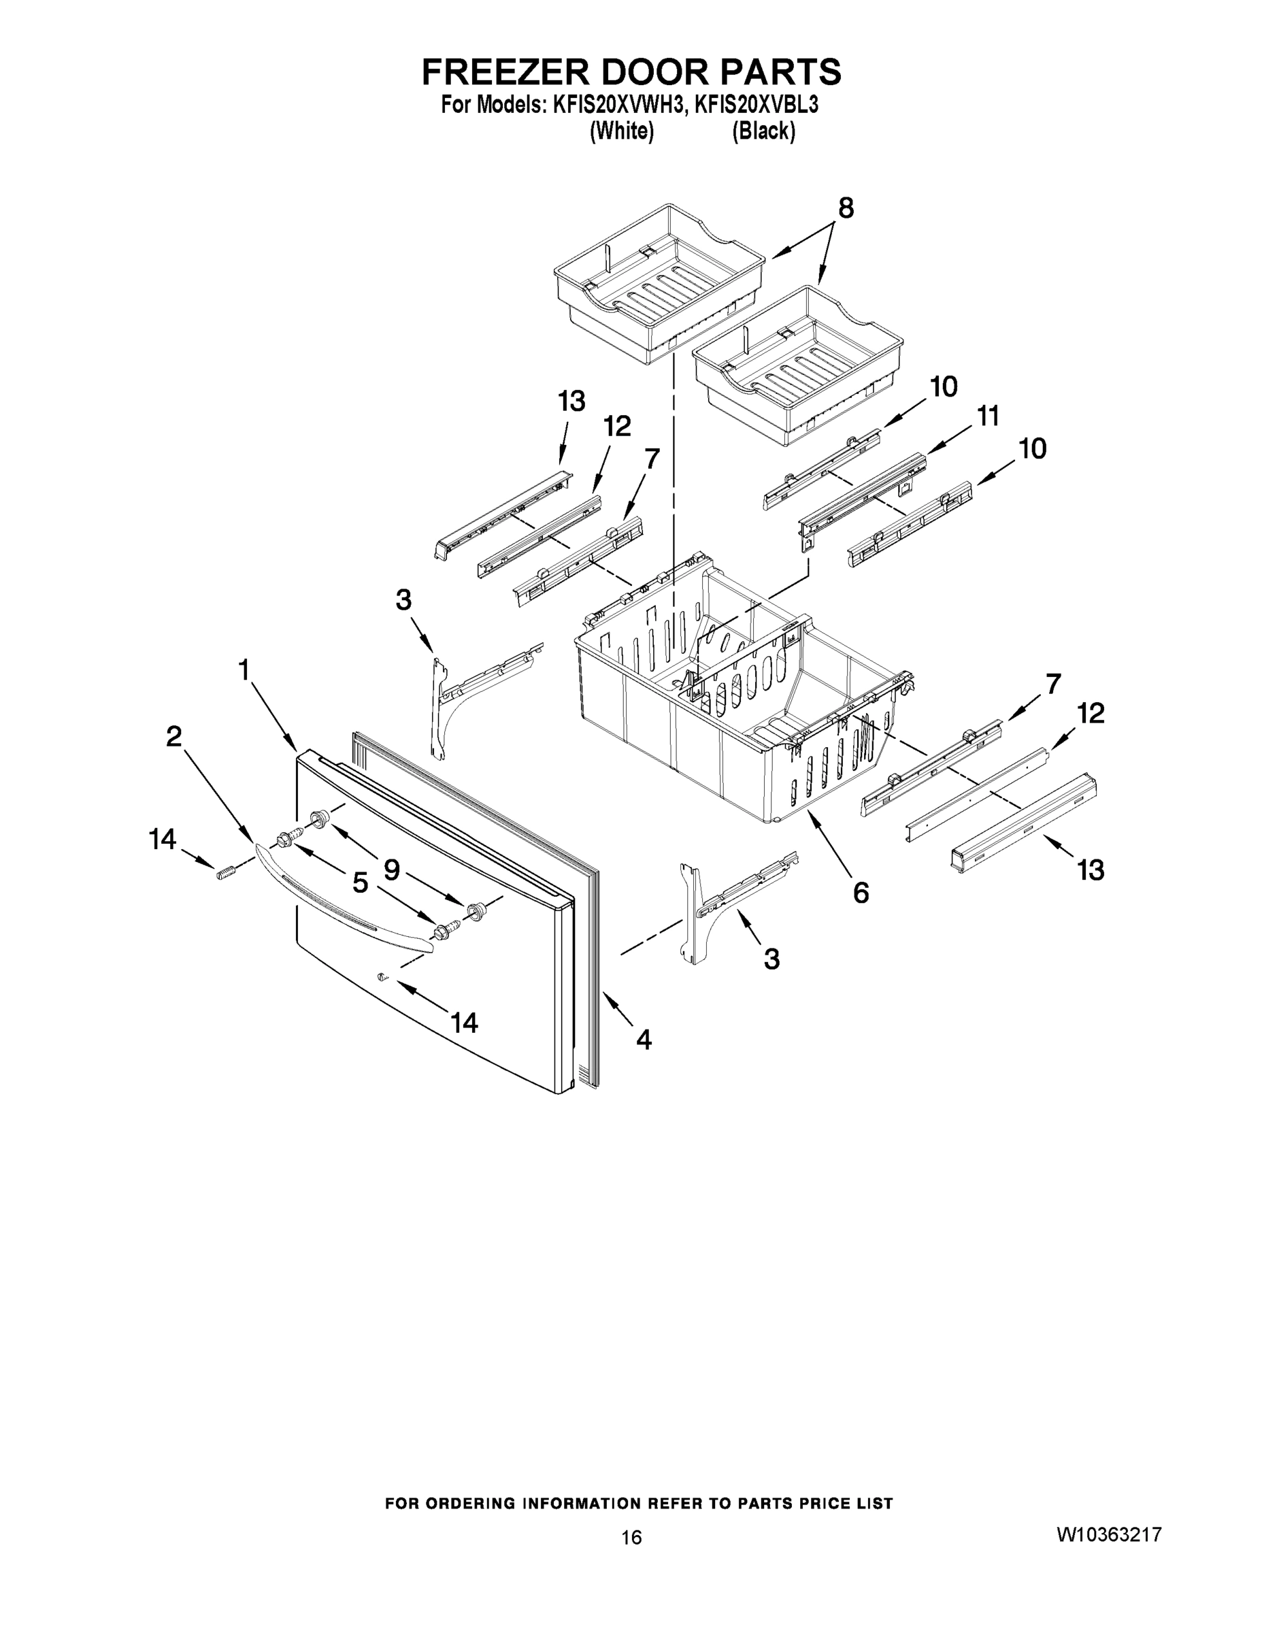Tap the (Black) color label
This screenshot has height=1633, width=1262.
pyautogui.click(x=763, y=131)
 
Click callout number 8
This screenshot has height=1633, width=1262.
pyautogui.click(x=845, y=209)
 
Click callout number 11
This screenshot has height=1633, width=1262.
pyautogui.click(x=988, y=416)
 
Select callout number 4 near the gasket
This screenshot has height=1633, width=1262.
pyautogui.click(x=644, y=1038)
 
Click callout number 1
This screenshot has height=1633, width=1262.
pyautogui.click(x=244, y=671)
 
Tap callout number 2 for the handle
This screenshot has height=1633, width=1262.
pyautogui.click(x=173, y=738)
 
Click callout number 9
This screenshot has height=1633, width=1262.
pyautogui.click(x=391, y=870)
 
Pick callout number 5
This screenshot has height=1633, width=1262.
pyautogui.click(x=360, y=883)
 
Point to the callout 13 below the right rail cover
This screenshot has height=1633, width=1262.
pyautogui.click(x=1090, y=870)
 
